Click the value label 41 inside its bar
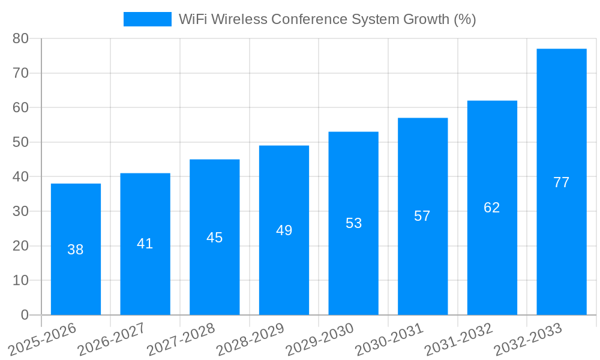(145, 244)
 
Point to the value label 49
(284, 230)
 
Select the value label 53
(353, 223)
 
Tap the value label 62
(492, 208)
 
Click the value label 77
(561, 182)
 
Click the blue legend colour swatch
(147, 19)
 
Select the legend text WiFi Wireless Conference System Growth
(327, 19)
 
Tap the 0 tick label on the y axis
(25, 315)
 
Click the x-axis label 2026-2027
(112, 340)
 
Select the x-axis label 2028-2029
(250, 340)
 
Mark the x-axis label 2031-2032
(458, 340)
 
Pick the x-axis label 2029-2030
(320, 340)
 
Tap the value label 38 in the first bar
(76, 250)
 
